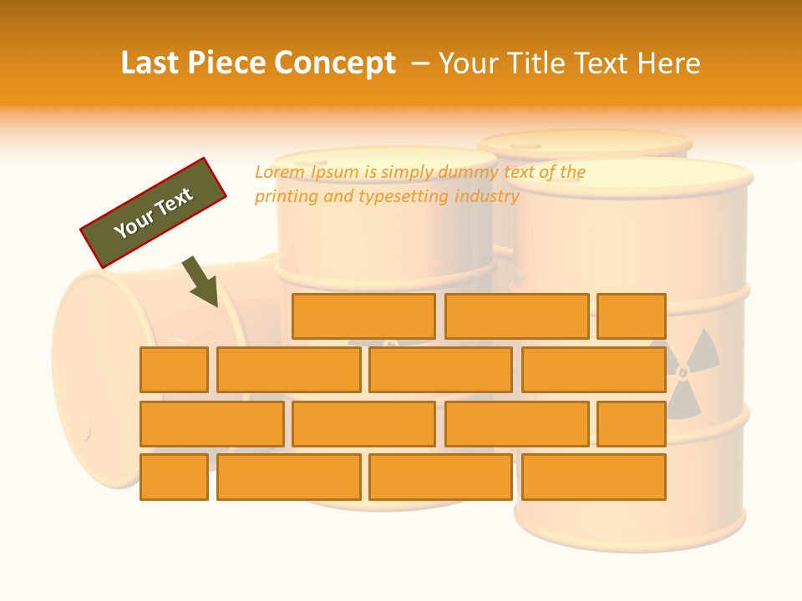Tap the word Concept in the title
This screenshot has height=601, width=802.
click(x=335, y=63)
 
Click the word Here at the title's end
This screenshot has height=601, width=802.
click(x=668, y=63)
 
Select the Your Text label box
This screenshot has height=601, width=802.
click(x=154, y=212)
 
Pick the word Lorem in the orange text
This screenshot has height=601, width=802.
click(x=280, y=172)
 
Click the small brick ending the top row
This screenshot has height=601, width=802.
click(x=632, y=316)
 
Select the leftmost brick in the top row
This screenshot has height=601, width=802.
click(x=363, y=316)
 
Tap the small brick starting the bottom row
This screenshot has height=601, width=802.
click(x=174, y=477)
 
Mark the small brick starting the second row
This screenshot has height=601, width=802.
click(x=174, y=370)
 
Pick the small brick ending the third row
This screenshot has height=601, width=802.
click(x=632, y=423)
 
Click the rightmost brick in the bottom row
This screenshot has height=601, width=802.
click(x=593, y=477)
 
